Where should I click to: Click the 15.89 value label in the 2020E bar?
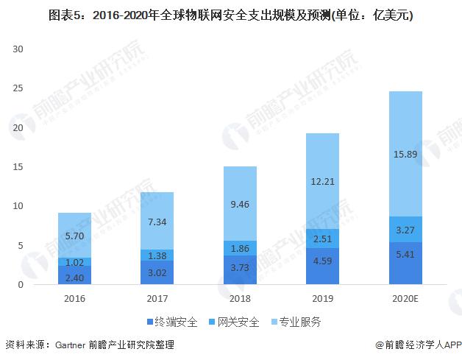pyautogui.click(x=405, y=155)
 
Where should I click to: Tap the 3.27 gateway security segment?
pyautogui.click(x=405, y=229)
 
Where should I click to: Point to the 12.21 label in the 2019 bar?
pyautogui.click(x=321, y=181)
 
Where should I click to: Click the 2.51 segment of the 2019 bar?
pyautogui.click(x=321, y=239)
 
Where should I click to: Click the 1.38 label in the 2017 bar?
pyautogui.click(x=157, y=255)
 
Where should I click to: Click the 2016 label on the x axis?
pyautogui.click(x=74, y=299)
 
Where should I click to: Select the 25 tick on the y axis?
pyautogui.click(x=19, y=88)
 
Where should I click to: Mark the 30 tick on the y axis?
pyautogui.click(x=19, y=49)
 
